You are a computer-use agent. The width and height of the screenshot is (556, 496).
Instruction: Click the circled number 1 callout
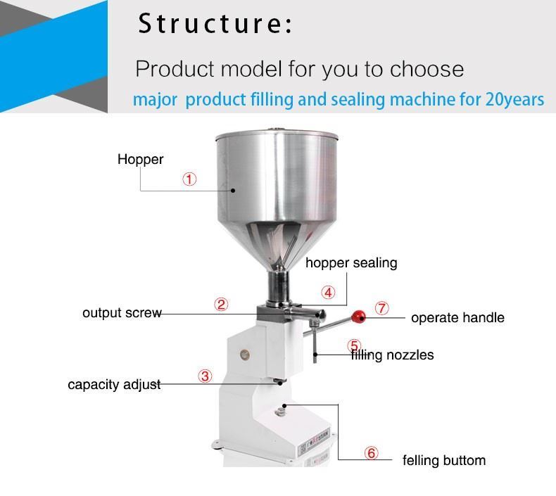click(189, 179)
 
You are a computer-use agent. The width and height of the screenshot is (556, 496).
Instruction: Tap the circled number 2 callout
click(221, 305)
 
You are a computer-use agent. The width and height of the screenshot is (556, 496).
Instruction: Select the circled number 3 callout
click(205, 376)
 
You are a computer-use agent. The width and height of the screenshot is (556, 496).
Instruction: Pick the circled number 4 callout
click(328, 293)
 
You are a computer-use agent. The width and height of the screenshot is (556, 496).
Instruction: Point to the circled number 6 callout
click(372, 453)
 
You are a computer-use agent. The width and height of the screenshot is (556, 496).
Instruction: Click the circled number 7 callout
click(381, 308)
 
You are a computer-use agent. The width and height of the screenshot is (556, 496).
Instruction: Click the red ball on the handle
click(359, 314)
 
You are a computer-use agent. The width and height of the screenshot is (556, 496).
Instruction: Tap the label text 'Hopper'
click(140, 159)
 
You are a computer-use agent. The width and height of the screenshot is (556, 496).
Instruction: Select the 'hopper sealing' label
click(351, 263)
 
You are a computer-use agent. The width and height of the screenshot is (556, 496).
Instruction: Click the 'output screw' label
click(122, 312)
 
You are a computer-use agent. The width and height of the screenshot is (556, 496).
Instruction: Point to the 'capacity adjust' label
click(114, 385)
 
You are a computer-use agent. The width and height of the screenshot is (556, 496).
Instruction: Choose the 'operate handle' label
click(457, 318)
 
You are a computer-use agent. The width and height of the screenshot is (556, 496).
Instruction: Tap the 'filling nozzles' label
click(393, 355)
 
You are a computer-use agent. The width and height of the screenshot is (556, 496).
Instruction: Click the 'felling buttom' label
click(444, 462)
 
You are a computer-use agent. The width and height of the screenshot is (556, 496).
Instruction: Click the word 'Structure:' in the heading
click(215, 24)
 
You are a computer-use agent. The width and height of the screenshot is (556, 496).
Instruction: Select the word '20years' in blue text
click(514, 99)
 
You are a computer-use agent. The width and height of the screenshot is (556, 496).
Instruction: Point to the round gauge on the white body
click(244, 354)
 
